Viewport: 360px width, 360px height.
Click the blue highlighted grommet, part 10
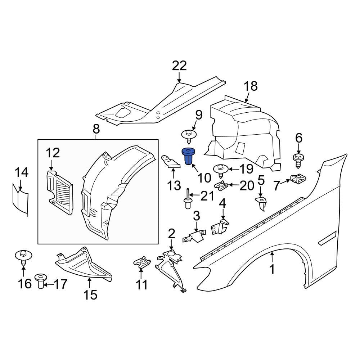[188, 157]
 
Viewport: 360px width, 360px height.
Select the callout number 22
[179, 66]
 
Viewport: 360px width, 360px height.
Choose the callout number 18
[251, 86]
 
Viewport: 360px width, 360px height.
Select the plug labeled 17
[41, 281]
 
